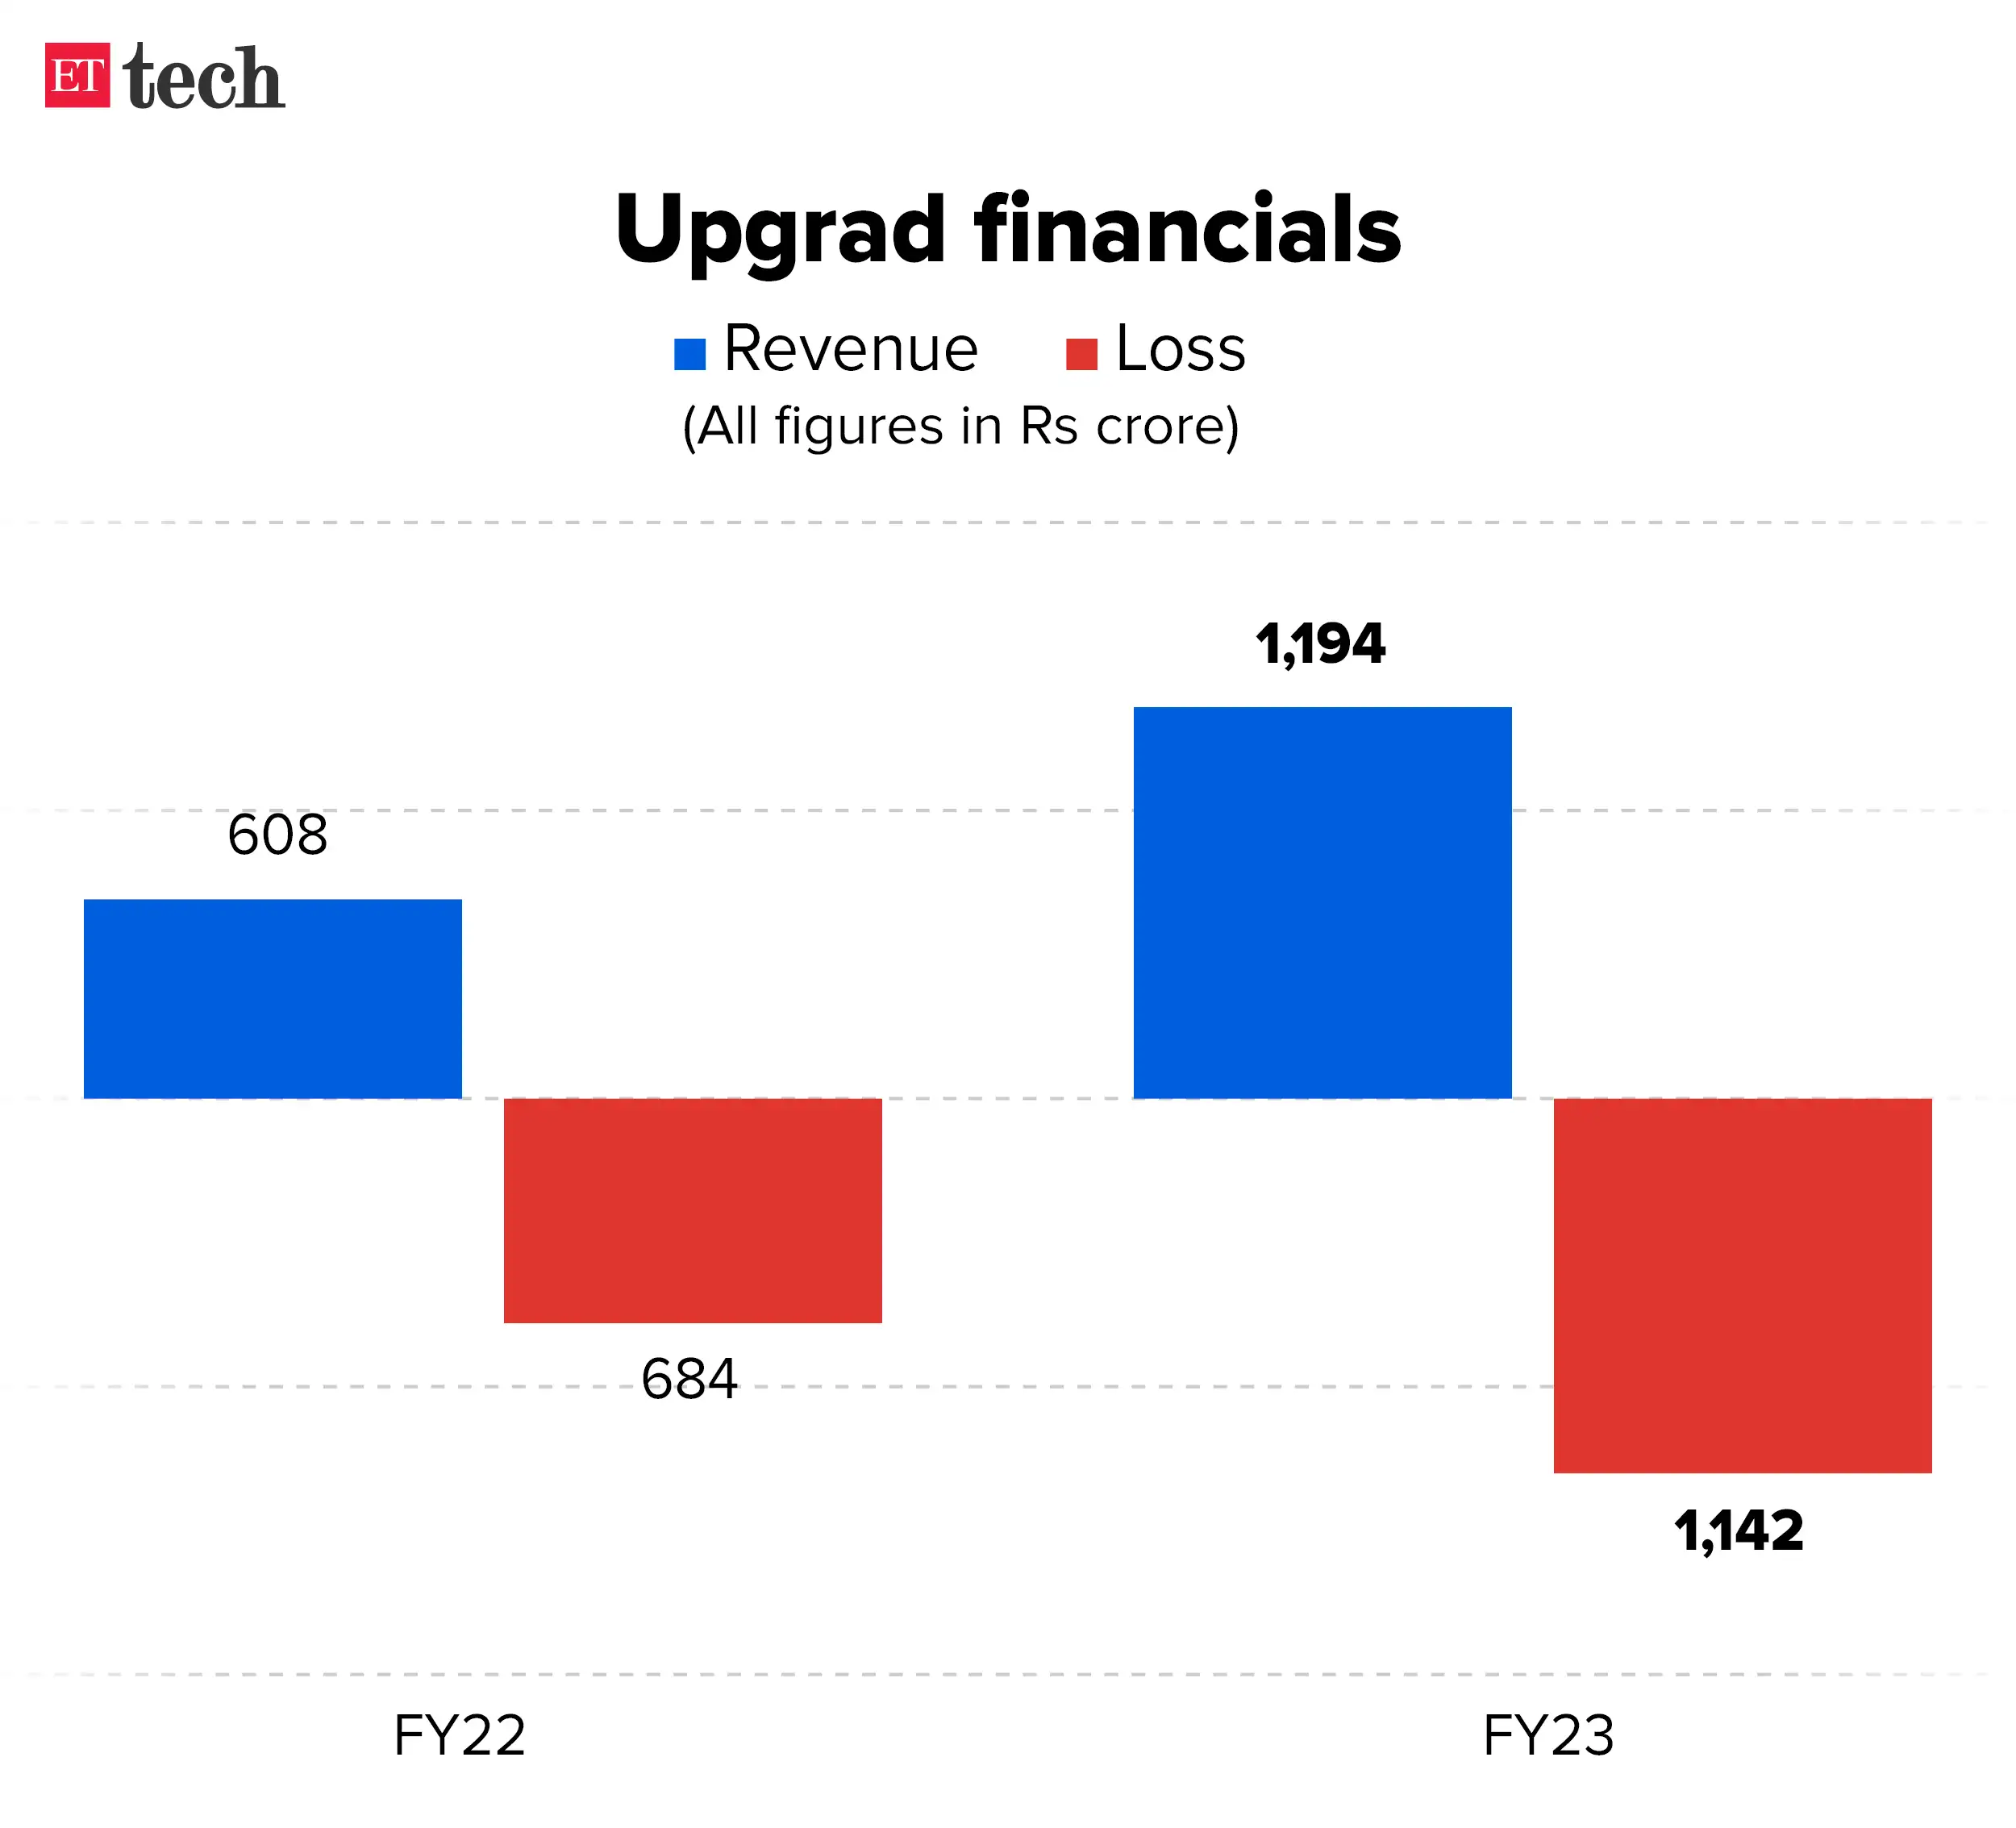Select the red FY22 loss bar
pyautogui.click(x=692, y=1210)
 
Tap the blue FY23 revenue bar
pyautogui.click(x=1322, y=902)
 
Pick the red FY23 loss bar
pyautogui.click(x=1742, y=1285)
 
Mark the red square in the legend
pyautogui.click(x=1082, y=354)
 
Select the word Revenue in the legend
pyautogui.click(x=850, y=349)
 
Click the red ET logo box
pyautogui.click(x=77, y=75)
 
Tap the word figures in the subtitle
pyautogui.click(x=858, y=427)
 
